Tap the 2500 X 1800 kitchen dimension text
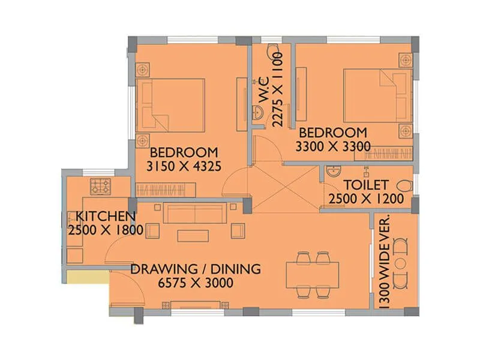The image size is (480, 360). [x=105, y=230]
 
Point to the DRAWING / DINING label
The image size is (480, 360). [x=196, y=269]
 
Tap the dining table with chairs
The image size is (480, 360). [x=313, y=275]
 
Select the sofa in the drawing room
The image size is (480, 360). [x=194, y=213]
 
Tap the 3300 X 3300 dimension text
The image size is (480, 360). [x=332, y=146]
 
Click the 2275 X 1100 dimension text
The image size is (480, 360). [x=277, y=89]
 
